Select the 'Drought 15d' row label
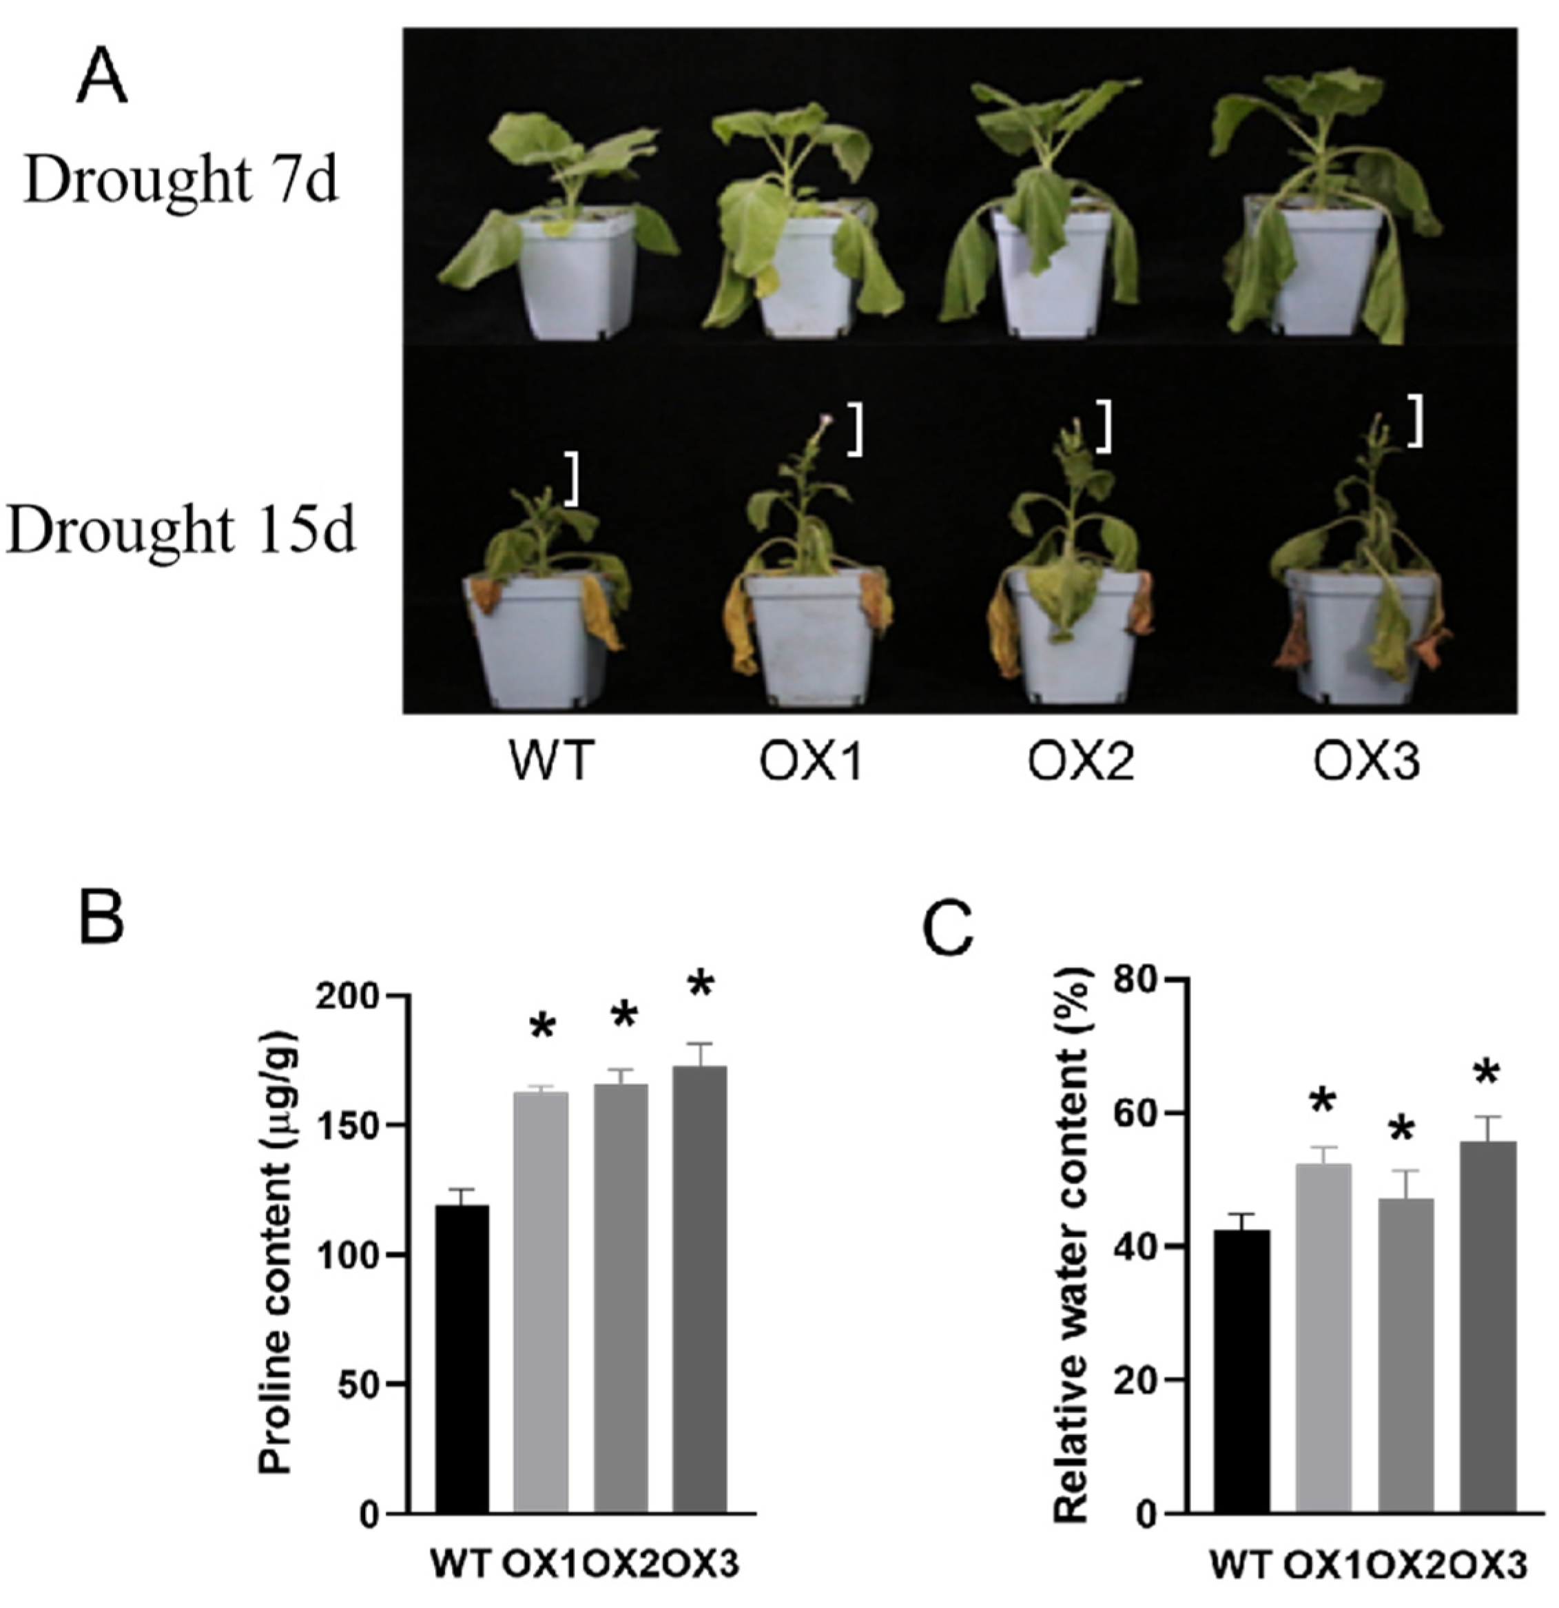[180, 529]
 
